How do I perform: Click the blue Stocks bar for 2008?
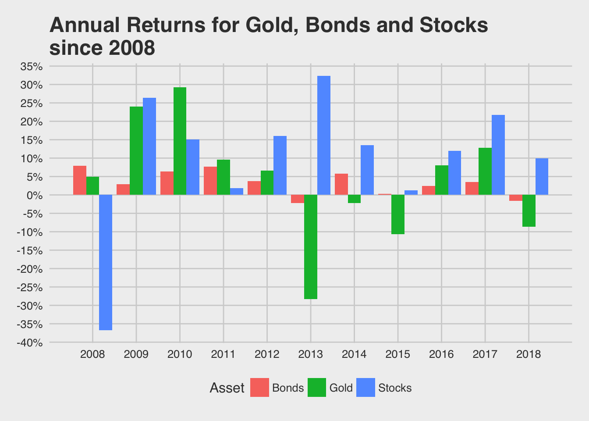[106, 262]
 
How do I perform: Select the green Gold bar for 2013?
[311, 247]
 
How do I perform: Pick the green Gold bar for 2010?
[180, 141]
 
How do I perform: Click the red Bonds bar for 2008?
[80, 180]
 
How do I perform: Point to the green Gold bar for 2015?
[398, 214]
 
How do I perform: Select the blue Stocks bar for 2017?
[498, 155]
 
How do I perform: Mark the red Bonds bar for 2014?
[341, 184]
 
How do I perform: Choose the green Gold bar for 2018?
[529, 210]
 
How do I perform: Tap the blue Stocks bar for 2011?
[237, 192]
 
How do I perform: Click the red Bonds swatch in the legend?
[259, 388]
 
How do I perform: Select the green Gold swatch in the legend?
[317, 388]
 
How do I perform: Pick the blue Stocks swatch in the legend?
[365, 388]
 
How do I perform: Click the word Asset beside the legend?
[227, 388]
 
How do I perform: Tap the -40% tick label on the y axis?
[30, 343]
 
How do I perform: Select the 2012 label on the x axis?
[267, 354]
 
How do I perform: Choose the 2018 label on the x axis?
[529, 354]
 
